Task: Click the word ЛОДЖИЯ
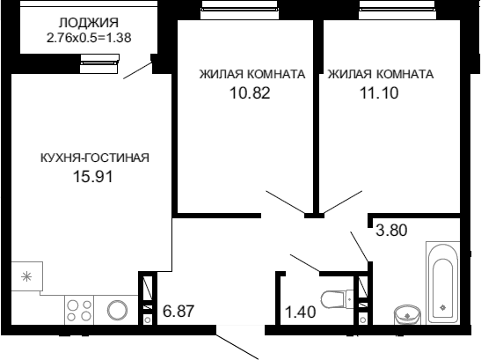89,23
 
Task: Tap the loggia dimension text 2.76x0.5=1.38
89,38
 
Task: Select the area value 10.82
250,92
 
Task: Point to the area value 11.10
379,92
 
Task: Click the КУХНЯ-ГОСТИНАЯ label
95,158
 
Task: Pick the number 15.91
93,177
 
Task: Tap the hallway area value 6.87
179,311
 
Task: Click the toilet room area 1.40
301,312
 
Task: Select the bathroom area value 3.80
391,230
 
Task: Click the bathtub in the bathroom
442,283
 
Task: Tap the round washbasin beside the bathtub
407,314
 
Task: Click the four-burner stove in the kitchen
79,310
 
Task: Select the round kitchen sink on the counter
117,310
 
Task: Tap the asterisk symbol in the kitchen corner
26,277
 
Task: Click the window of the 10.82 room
239,11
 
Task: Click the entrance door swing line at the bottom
237,346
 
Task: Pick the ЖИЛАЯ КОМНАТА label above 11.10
381,74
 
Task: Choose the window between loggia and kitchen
99,64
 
